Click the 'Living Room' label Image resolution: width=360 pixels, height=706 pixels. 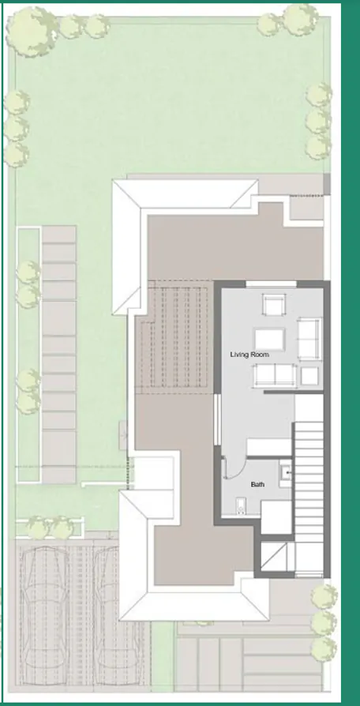[249, 355]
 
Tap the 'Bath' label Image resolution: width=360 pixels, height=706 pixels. [257, 484]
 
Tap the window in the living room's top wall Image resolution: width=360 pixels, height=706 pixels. [270, 284]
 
